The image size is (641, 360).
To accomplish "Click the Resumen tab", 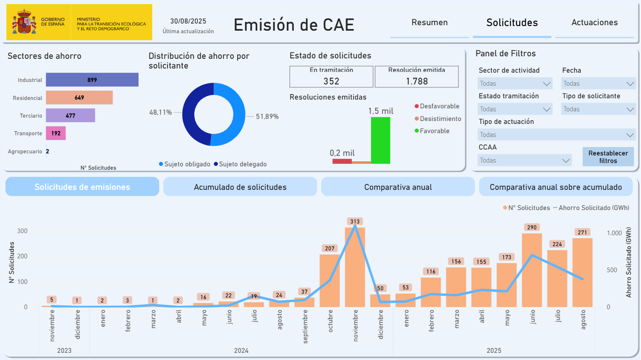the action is pyautogui.click(x=429, y=22).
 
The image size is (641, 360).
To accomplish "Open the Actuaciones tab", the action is pyautogui.click(x=594, y=22).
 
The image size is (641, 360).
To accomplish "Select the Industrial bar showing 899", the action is pyautogui.click(x=92, y=80).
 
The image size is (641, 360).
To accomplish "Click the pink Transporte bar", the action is pyautogui.click(x=56, y=133).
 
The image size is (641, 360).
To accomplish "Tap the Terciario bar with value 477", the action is pyautogui.click(x=71, y=116).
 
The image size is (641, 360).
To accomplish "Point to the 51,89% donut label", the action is pyautogui.click(x=267, y=116).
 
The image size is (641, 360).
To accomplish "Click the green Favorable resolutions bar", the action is pyautogui.click(x=381, y=140).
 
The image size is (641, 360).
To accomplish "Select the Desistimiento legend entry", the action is pyautogui.click(x=438, y=118).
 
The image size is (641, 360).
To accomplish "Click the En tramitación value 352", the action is pyautogui.click(x=331, y=81).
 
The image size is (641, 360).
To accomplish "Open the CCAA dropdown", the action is pyautogui.click(x=525, y=160).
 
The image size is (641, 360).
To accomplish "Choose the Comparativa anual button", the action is pyautogui.click(x=398, y=187).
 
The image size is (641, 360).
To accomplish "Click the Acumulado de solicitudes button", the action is pyautogui.click(x=240, y=187).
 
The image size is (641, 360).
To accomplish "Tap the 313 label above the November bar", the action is pyautogui.click(x=355, y=221).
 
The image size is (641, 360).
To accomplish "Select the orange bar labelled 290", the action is pyautogui.click(x=532, y=270).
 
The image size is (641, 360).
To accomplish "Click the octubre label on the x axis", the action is pyautogui.click(x=330, y=321).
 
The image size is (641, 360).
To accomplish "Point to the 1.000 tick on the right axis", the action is pyautogui.click(x=614, y=233).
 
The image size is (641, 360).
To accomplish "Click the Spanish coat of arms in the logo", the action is pyautogui.click(x=24, y=22).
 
